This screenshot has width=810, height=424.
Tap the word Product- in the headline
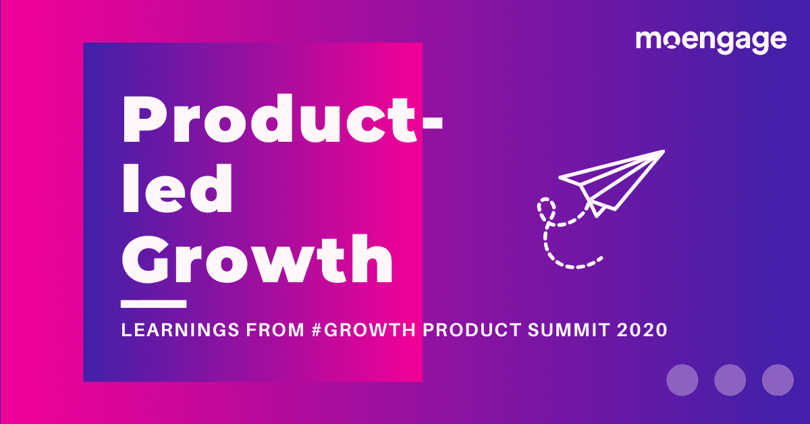pos(282,122)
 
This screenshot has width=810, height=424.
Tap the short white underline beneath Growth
pos(153,304)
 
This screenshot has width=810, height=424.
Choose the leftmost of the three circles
pos(682,379)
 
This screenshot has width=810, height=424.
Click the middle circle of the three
pos(730,379)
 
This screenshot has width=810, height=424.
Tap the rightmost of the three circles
pos(777,379)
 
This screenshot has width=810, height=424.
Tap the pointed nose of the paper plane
pos(664,152)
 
